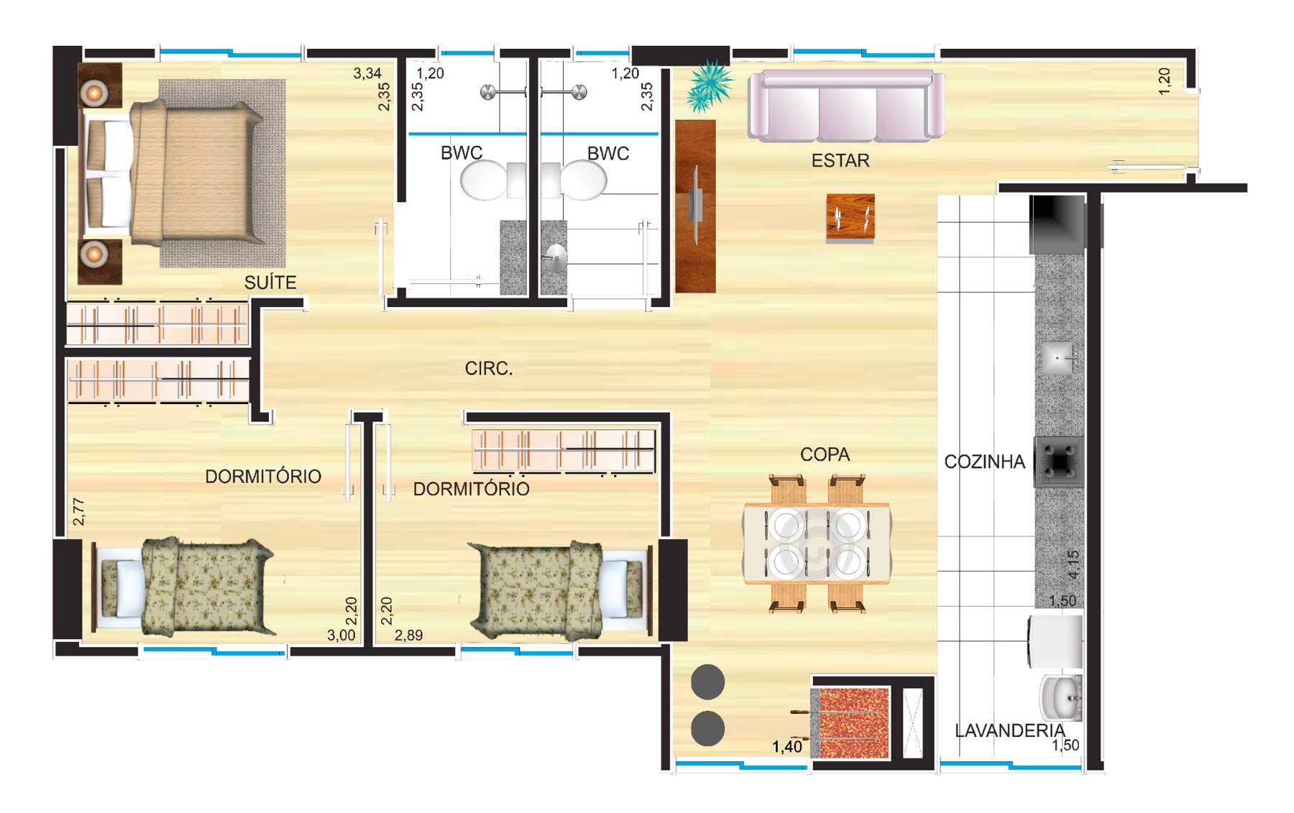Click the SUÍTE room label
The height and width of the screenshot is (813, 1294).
[x=270, y=283]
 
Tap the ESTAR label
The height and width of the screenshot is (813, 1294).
[x=840, y=160]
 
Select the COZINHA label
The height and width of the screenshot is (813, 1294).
[x=984, y=461]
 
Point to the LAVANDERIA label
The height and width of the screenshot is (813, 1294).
[x=1009, y=730]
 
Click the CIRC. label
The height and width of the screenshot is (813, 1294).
[x=489, y=369]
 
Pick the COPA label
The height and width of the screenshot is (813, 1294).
[x=825, y=454]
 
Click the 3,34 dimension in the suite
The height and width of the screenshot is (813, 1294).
[x=367, y=73]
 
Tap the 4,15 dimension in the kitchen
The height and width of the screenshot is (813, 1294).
[x=1074, y=565]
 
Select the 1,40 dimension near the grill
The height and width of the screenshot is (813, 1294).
[x=787, y=747]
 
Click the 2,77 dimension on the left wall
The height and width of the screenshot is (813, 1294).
[x=78, y=511]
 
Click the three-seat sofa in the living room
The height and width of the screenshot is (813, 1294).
[x=846, y=105]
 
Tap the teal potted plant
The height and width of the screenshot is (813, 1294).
[x=709, y=86]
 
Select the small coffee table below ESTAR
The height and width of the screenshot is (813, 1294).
[x=850, y=217]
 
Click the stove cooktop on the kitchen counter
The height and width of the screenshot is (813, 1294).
[x=1059, y=461]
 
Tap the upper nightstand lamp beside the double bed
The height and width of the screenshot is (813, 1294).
[x=94, y=92]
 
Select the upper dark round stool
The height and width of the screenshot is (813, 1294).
[x=708, y=681]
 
